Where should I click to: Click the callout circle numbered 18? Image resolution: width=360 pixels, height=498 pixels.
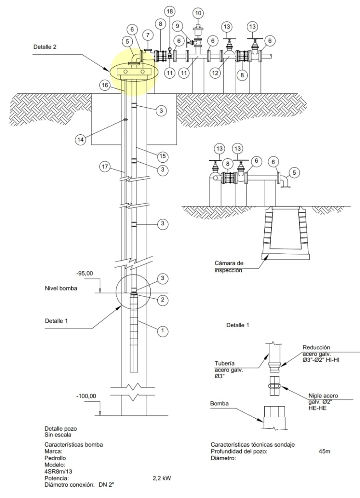pos(170,11)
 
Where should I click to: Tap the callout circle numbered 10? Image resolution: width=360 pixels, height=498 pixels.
pos(198,13)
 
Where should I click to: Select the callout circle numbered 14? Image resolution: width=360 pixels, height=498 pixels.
pos(80,140)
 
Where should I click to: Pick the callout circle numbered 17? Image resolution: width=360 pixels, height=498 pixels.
pos(105,167)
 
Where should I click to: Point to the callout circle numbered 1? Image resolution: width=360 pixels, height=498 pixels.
pos(163,331)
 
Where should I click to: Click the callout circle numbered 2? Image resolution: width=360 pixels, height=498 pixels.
pos(163,300)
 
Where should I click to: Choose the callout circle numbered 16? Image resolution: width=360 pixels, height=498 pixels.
pos(105,85)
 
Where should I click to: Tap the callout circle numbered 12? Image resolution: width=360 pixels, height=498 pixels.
pos(215,73)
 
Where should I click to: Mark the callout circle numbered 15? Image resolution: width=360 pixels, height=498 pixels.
pos(163,156)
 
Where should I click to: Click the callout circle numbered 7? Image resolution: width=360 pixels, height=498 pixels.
pos(148,35)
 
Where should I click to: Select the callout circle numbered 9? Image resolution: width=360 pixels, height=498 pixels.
pos(177,26)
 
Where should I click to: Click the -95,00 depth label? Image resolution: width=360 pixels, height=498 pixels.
pos(84,274)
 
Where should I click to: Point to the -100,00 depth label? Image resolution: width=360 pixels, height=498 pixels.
pos(86,396)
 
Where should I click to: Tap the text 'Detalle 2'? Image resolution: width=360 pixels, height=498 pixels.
pos(45,47)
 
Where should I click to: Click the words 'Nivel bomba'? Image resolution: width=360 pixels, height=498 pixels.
pos(61,288)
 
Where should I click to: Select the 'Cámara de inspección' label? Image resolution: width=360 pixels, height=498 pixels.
pos(229,267)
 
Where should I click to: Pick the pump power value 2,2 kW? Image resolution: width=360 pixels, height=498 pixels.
pos(162,478)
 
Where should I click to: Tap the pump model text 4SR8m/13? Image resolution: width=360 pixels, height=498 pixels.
pos(58,472)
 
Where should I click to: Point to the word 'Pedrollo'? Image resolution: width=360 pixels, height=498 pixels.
pos(55,458)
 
